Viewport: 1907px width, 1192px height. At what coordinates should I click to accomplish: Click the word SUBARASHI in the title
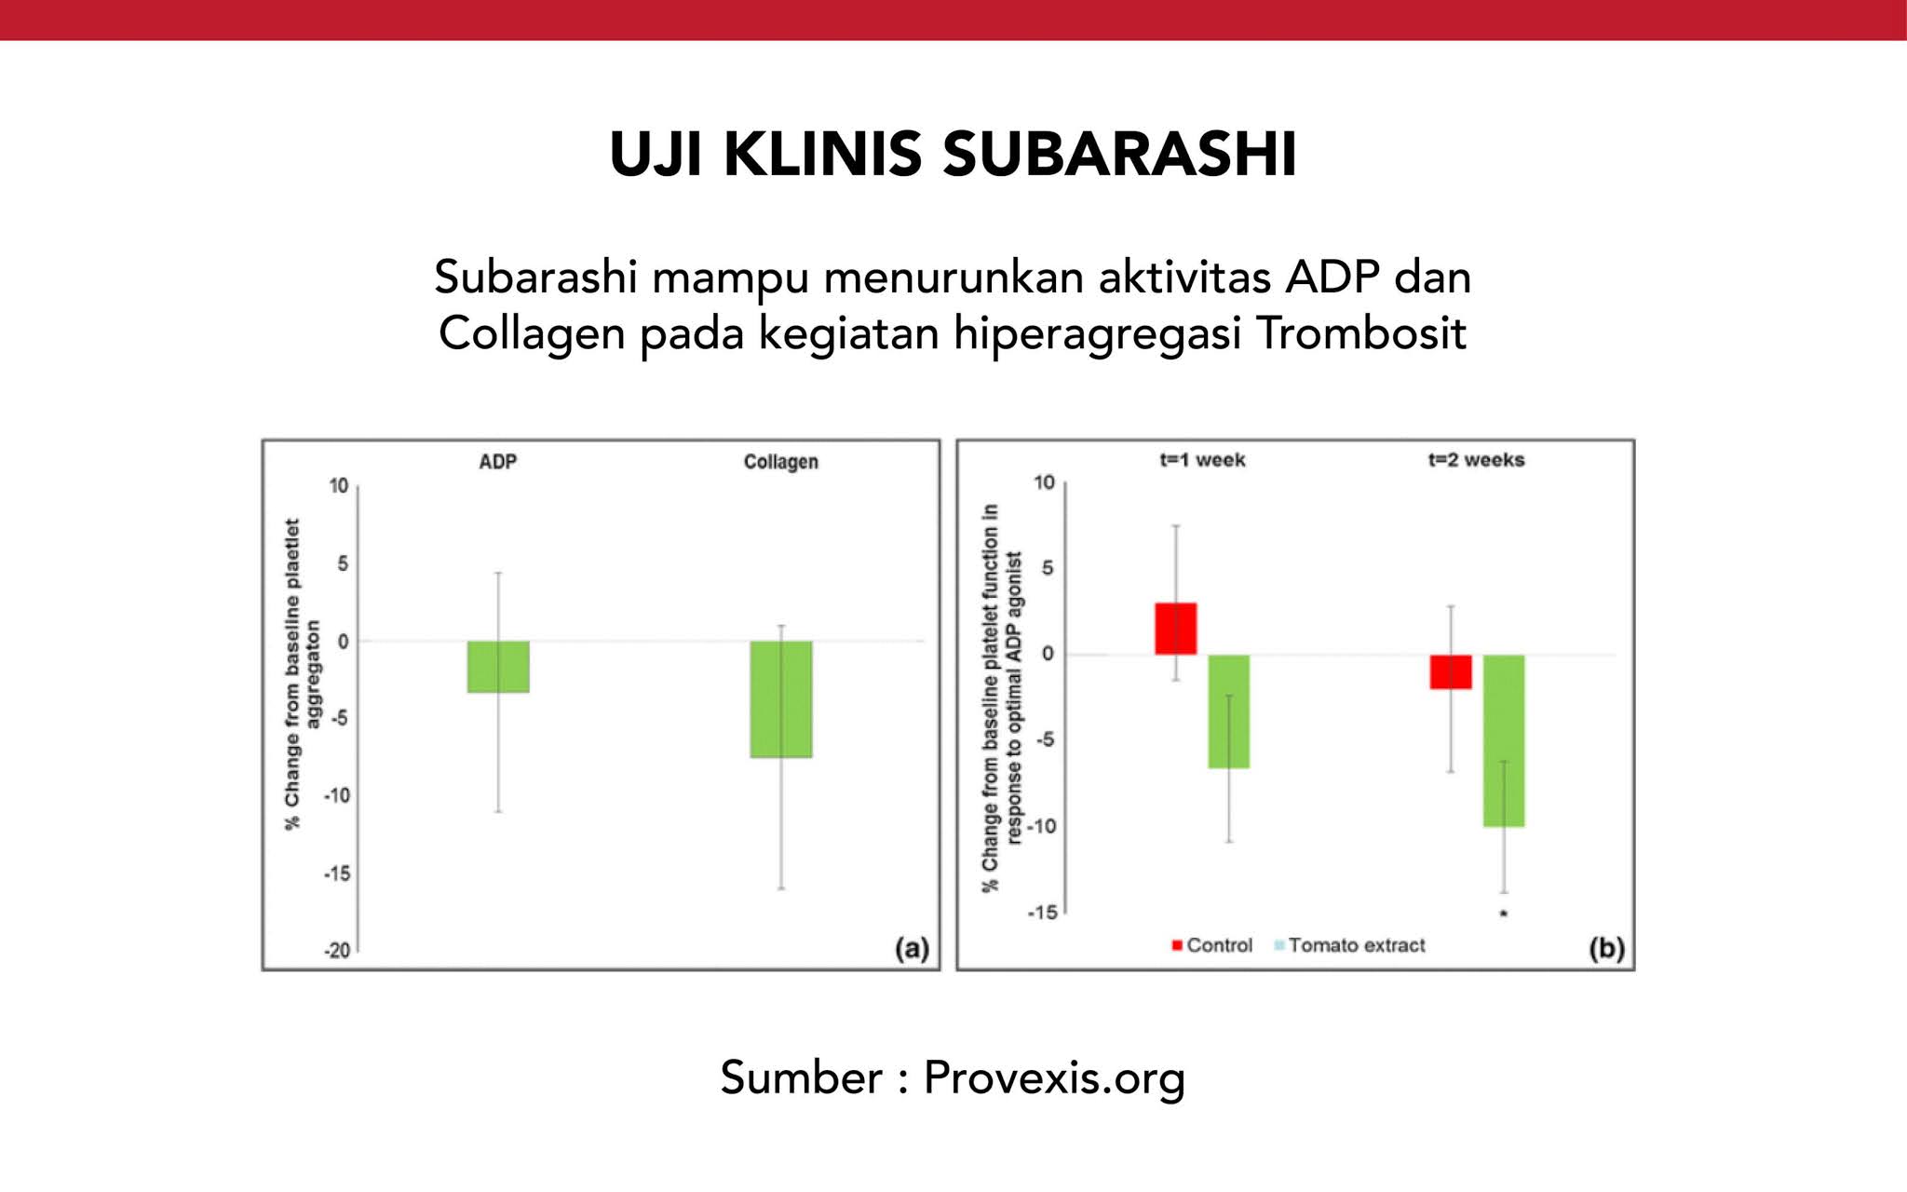point(1120,155)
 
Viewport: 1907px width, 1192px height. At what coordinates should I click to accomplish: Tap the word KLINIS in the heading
point(822,155)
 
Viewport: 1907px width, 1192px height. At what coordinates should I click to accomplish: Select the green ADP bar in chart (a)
point(498,667)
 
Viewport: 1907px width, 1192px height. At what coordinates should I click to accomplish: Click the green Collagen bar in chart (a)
point(781,698)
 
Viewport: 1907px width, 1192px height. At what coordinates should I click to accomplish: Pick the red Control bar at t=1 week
point(1176,629)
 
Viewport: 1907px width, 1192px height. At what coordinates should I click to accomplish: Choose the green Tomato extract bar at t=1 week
point(1229,711)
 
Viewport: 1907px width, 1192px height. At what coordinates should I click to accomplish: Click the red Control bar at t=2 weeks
point(1451,671)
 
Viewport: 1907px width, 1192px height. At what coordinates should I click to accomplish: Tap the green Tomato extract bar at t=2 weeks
point(1504,740)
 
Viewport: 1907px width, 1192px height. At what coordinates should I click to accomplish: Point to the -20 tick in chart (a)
point(337,951)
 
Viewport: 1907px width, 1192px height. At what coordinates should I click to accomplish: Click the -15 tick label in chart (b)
point(1043,913)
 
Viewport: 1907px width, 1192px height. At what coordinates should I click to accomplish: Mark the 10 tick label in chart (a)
point(338,486)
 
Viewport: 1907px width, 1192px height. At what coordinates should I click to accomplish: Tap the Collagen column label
point(780,462)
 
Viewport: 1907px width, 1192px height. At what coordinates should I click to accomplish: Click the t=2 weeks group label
point(1476,460)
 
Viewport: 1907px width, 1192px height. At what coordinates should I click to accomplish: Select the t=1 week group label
point(1202,460)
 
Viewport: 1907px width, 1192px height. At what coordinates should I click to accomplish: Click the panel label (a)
point(912,948)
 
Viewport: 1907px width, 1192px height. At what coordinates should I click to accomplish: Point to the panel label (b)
point(1606,948)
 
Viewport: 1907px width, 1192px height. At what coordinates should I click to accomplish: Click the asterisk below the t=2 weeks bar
point(1504,914)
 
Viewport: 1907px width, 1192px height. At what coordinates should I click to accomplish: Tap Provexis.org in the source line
point(1054,1077)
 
